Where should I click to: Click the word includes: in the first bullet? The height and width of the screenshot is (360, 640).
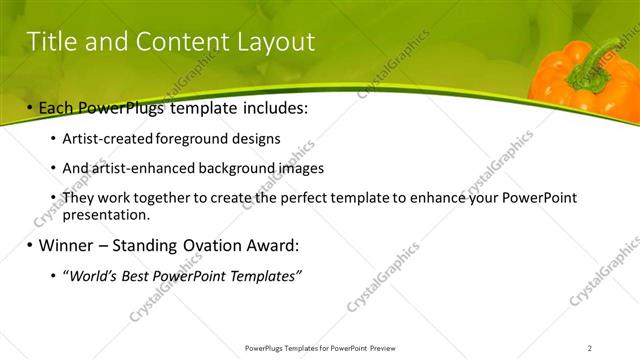click(x=267, y=106)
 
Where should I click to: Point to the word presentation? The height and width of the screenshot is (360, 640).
click(x=106, y=214)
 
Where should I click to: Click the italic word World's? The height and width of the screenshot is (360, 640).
click(x=91, y=276)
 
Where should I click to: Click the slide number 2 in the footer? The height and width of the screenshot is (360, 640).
click(x=589, y=348)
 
